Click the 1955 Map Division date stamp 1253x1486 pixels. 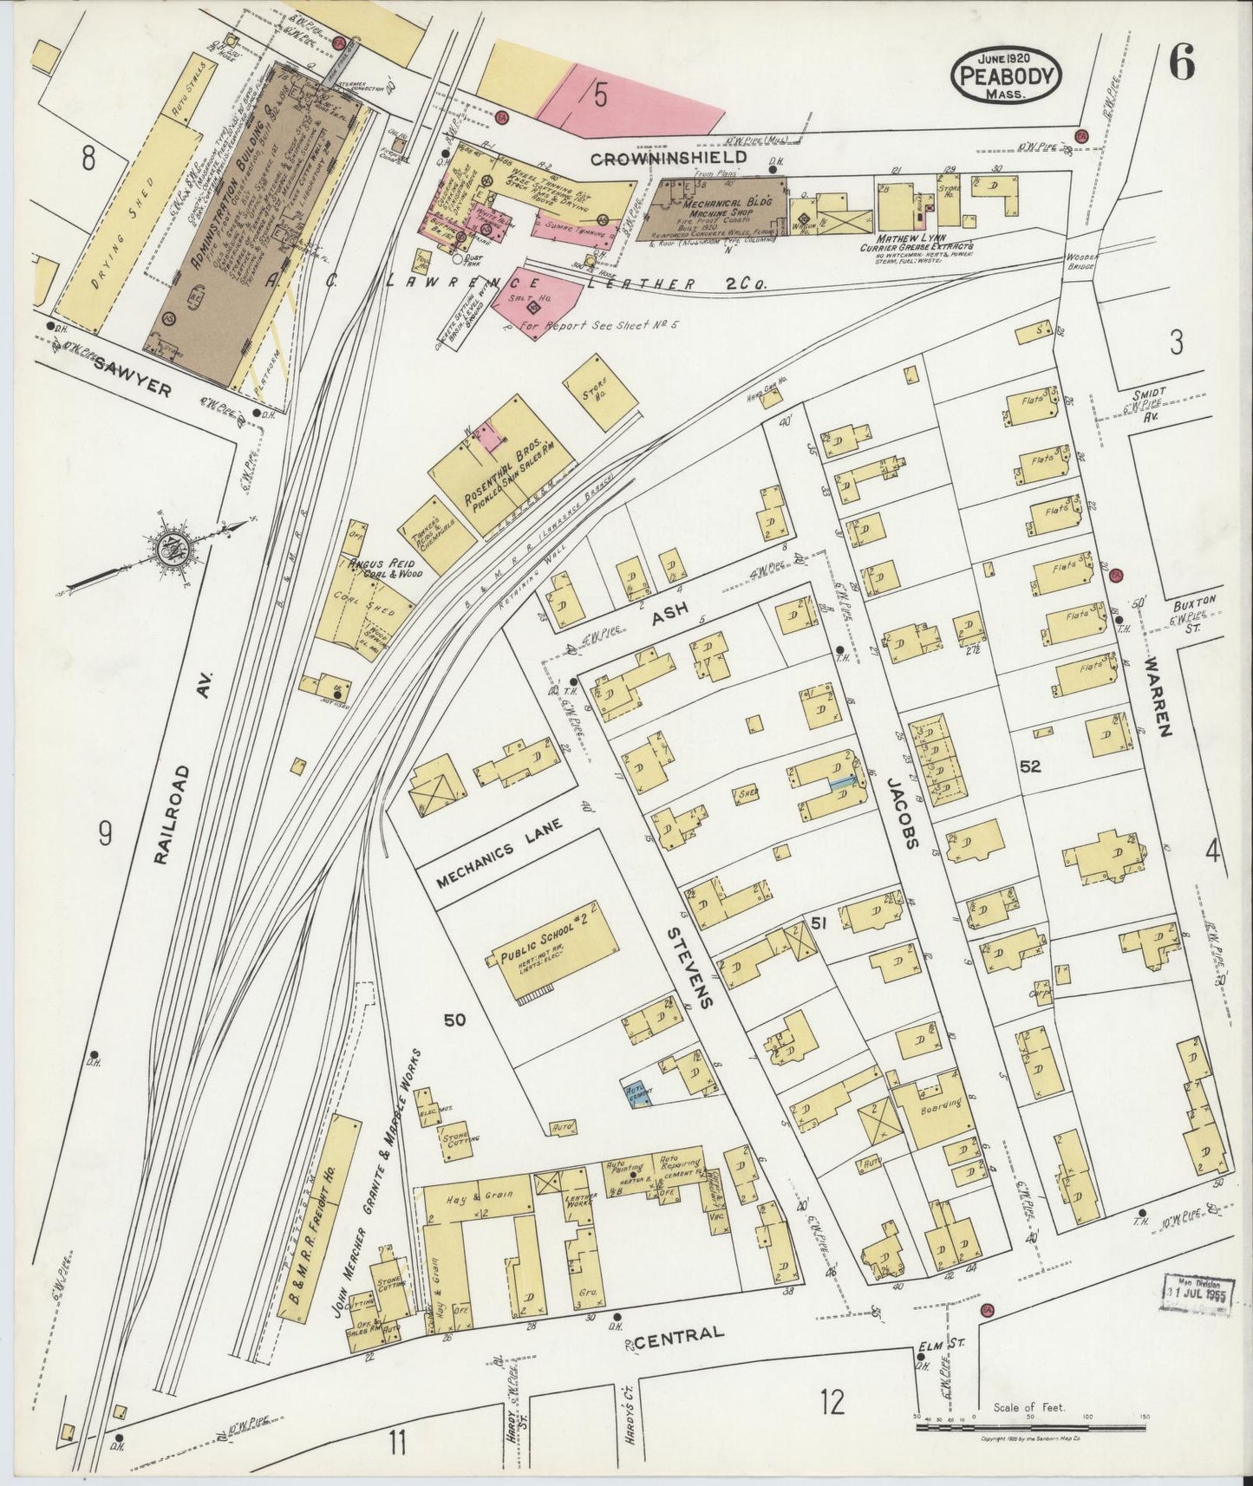coord(1198,1298)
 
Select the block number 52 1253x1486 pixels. coord(1030,766)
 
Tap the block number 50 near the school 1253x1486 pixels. coord(454,1020)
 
